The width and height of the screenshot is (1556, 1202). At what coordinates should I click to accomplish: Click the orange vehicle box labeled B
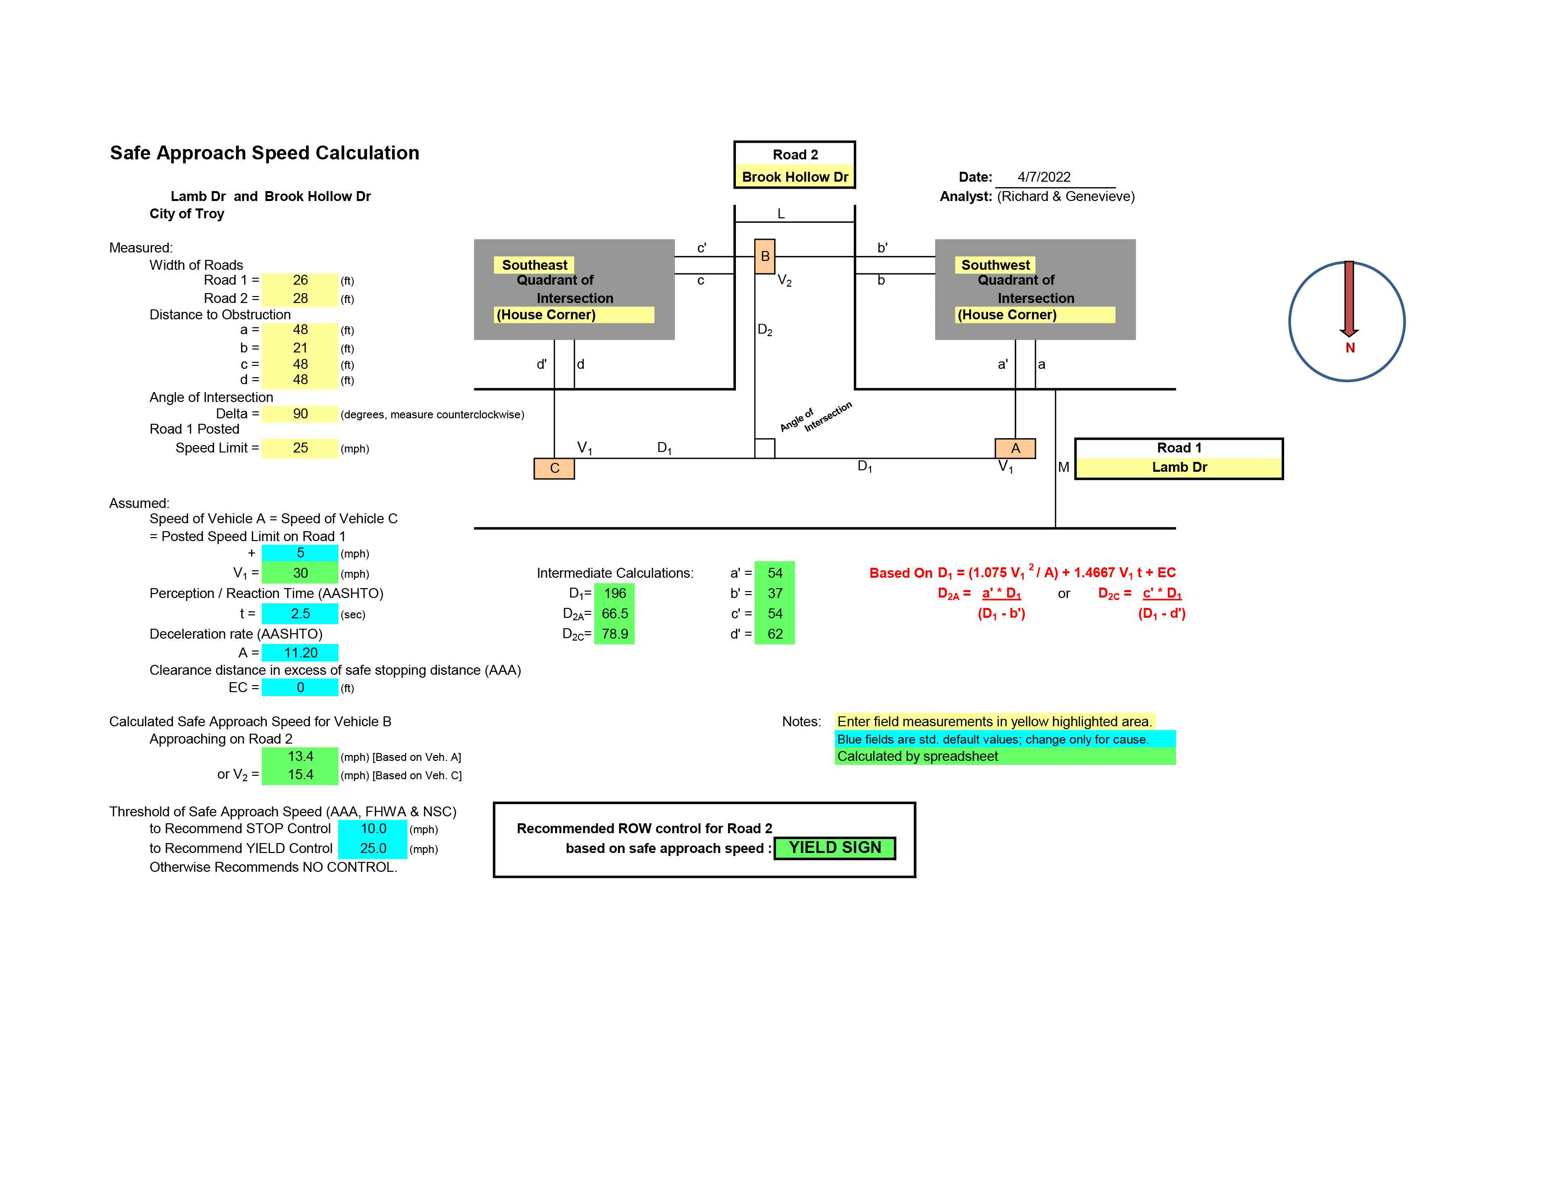coord(765,256)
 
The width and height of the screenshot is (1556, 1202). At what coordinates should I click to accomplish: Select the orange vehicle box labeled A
coord(1015,448)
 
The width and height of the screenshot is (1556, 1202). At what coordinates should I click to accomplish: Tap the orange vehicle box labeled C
coord(554,468)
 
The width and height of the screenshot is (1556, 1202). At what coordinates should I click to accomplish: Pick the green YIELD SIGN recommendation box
coord(835,848)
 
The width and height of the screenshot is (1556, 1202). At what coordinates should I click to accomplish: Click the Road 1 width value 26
coord(300,281)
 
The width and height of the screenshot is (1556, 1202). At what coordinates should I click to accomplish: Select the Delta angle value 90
coord(300,414)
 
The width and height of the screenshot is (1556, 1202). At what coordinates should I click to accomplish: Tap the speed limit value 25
coord(300,448)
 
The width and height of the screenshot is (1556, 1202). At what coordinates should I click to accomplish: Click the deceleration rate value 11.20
coord(300,653)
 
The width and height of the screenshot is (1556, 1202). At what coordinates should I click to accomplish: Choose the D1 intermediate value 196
coord(614,593)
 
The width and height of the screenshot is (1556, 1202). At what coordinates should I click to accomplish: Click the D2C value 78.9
coord(614,634)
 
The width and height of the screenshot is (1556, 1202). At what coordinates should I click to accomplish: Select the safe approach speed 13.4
coord(300,756)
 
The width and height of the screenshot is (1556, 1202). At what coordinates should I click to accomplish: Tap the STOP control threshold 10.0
coord(372,829)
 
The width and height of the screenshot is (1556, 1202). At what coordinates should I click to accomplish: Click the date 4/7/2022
coord(1044,177)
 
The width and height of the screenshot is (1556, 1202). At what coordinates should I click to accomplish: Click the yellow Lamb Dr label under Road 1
coord(1179,467)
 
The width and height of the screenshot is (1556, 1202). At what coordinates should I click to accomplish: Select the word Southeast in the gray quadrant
coord(534,265)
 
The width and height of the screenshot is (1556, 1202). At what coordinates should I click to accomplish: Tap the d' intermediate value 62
coord(775,634)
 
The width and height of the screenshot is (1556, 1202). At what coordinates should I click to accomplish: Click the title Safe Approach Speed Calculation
coord(264,153)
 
